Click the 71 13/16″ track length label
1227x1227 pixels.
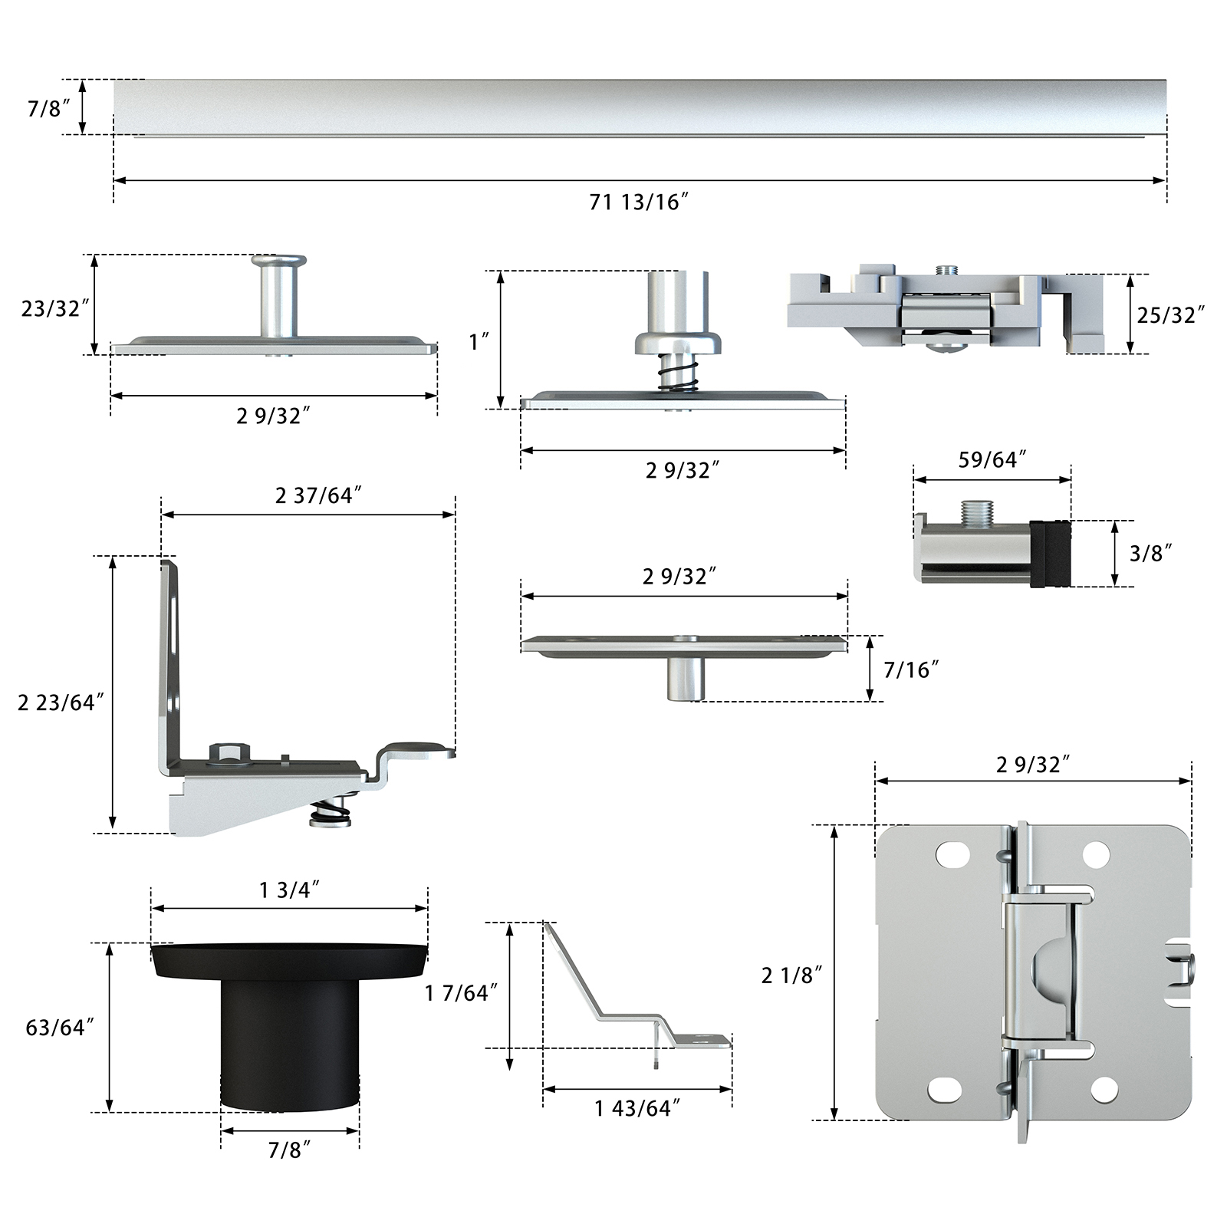point(639,202)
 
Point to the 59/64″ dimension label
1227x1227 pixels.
point(992,459)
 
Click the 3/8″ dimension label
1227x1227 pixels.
point(1151,553)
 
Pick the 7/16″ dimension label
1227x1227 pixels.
point(911,670)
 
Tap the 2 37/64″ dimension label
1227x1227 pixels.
point(318,495)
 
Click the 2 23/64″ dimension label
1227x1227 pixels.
point(61,702)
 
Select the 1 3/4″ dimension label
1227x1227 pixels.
point(289,890)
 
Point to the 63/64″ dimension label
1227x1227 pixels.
point(60,1028)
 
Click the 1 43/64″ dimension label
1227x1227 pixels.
point(637,1108)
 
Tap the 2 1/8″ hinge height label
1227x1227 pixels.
point(791,975)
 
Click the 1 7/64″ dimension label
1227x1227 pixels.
point(462,993)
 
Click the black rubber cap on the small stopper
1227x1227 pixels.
point(1050,554)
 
